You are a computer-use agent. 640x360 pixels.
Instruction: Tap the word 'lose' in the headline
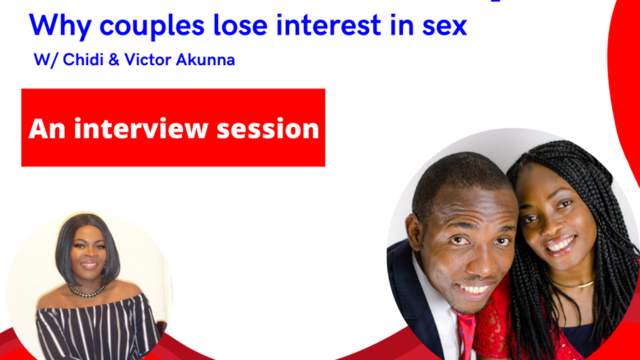241,25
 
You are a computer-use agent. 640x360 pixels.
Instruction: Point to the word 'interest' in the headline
329,25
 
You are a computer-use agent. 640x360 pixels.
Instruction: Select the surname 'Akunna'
205,59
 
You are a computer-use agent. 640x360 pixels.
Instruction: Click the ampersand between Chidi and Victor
114,60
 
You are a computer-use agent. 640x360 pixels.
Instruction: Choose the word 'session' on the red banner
268,129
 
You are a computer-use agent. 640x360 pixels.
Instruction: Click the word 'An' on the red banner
47,129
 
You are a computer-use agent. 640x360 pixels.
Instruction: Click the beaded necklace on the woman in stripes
86,291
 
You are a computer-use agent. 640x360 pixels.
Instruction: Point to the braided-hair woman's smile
560,245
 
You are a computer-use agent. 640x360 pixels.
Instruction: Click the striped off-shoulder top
98,329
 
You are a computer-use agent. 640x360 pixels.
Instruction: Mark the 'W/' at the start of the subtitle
46,60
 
